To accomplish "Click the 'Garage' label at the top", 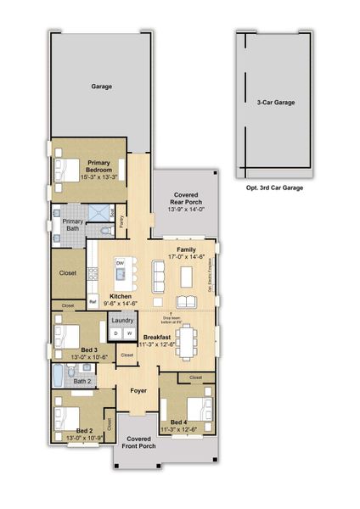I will [102, 87].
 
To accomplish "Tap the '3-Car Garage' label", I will [276, 102].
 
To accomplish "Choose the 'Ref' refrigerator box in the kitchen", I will [93, 301].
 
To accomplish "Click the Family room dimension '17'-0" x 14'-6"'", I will [186, 255].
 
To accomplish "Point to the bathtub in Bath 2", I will [59, 378].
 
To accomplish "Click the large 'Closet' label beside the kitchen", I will [68, 273].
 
